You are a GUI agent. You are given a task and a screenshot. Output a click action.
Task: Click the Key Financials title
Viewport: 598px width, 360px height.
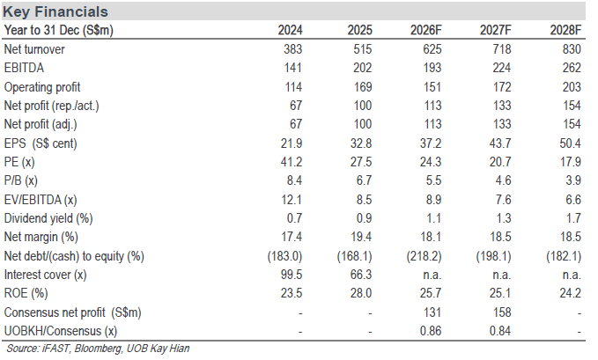pos(55,11)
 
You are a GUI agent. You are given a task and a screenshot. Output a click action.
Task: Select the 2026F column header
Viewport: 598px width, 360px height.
pos(425,30)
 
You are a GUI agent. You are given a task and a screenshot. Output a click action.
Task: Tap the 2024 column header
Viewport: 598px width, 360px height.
pos(290,30)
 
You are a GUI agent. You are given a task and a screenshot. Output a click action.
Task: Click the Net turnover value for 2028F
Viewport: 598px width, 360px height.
pos(571,49)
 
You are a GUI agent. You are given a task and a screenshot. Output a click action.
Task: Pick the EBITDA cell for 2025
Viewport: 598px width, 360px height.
pos(362,68)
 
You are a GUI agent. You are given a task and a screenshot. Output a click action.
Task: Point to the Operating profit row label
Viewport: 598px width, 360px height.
pos(42,87)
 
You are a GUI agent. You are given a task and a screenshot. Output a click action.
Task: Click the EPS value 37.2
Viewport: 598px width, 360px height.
pos(430,143)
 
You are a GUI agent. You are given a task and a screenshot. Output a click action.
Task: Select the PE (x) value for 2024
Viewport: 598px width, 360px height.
pos(292,162)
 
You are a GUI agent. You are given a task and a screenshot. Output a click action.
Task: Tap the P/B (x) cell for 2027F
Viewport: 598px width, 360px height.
pos(503,180)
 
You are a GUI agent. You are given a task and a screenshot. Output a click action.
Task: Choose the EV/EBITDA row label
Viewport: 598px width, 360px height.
pos(41,200)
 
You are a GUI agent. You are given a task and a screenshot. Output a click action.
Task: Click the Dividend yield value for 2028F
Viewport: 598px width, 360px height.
pos(573,218)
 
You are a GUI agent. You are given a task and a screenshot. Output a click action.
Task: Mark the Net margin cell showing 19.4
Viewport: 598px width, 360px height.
pos(361,237)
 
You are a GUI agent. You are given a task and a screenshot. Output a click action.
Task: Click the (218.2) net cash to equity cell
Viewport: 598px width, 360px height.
pos(424,256)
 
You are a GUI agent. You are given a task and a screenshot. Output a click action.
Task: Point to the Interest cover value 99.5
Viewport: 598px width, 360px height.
pos(292,275)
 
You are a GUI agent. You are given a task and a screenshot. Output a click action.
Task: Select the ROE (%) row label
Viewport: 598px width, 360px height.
pos(26,293)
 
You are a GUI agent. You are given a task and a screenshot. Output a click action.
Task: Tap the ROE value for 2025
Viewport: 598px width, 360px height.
pos(361,293)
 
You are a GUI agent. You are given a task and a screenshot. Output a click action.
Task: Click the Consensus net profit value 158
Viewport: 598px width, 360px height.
pos(501,312)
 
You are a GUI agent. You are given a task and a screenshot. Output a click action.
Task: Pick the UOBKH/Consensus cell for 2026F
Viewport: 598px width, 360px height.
pos(430,331)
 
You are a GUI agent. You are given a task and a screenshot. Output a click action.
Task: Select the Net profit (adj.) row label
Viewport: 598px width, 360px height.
pos(41,124)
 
